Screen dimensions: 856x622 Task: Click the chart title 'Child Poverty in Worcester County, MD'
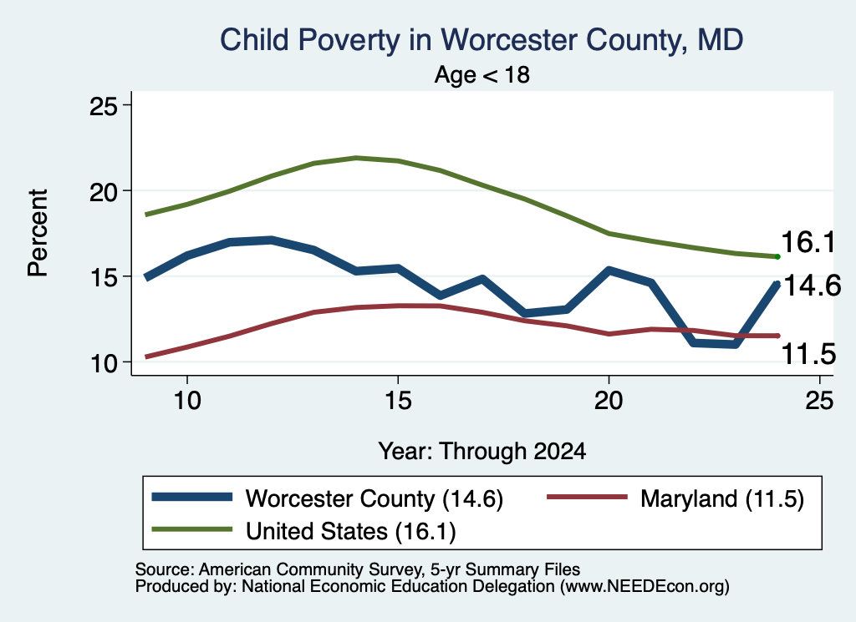point(481,41)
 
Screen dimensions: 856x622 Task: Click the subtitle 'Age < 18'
point(482,74)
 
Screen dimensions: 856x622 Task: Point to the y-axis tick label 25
point(104,106)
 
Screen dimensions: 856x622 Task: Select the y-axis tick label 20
point(104,191)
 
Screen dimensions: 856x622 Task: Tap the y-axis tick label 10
point(104,363)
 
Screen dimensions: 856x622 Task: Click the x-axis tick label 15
point(398,402)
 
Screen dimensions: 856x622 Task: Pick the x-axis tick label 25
point(819,402)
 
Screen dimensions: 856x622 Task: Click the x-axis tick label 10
point(187,402)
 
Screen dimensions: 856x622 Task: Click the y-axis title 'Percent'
point(38,233)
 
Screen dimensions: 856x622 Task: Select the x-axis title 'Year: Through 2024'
point(482,452)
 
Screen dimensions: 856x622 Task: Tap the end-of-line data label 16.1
point(808,242)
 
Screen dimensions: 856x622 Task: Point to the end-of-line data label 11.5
point(809,354)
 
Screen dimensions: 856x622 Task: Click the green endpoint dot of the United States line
point(777,257)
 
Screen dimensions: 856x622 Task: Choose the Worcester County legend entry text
point(374,498)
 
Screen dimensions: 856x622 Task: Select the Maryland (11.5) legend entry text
point(722,498)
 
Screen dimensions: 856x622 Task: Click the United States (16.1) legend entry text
point(350,532)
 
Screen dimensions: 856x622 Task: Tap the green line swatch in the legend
point(192,529)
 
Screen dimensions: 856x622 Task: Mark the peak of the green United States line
point(356,158)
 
